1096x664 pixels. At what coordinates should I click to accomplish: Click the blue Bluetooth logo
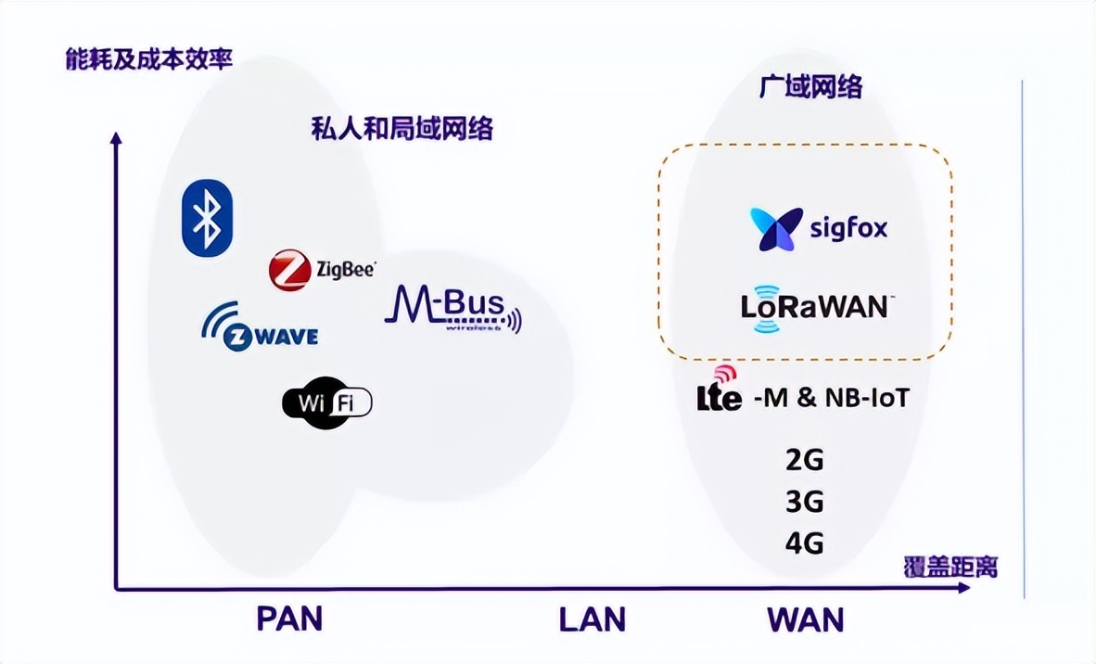pos(207,217)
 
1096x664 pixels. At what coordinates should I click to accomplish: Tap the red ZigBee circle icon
pos(288,270)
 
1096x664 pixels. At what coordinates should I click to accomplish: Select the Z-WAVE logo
pos(260,326)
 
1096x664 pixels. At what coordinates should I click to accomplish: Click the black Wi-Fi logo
pos(326,402)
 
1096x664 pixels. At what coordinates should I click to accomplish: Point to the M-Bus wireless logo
pos(452,310)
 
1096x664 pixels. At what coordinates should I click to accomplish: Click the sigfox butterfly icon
pos(776,229)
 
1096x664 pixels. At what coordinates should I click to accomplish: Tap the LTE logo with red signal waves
pos(720,389)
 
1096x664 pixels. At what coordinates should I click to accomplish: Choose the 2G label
pos(803,459)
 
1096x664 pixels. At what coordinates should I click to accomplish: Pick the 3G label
pos(803,502)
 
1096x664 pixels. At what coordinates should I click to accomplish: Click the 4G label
pos(803,543)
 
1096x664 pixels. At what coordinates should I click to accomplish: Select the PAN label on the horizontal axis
pos(289,619)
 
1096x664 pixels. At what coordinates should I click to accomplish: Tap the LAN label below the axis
pos(592,619)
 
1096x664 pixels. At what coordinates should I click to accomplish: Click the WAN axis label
pos(805,619)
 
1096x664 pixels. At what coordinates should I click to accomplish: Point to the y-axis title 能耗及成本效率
pos(147,61)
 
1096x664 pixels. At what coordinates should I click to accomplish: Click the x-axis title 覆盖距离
pos(950,567)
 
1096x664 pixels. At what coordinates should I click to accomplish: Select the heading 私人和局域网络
pos(401,128)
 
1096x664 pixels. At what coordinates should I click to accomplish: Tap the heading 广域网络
pos(810,86)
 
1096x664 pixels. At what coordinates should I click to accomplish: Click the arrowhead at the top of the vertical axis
pos(116,138)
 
